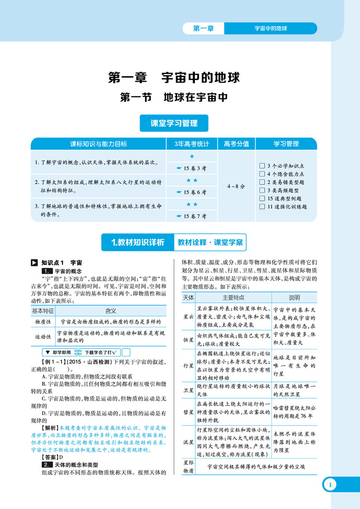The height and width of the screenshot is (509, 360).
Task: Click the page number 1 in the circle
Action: point(331,485)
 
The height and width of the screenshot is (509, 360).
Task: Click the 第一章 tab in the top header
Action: point(203,28)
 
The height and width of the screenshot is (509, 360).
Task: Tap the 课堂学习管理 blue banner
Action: point(174,123)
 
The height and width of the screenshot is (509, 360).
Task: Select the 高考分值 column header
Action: point(236,143)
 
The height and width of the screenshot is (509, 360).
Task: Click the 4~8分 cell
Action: point(236,186)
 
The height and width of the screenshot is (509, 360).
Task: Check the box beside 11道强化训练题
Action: point(262,207)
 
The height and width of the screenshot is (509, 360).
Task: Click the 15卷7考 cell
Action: point(192,216)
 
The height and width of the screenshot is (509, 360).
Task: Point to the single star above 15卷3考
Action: point(192,156)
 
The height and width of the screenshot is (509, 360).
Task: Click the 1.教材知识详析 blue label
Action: point(137,242)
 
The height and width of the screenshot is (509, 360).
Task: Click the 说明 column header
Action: point(294,298)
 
